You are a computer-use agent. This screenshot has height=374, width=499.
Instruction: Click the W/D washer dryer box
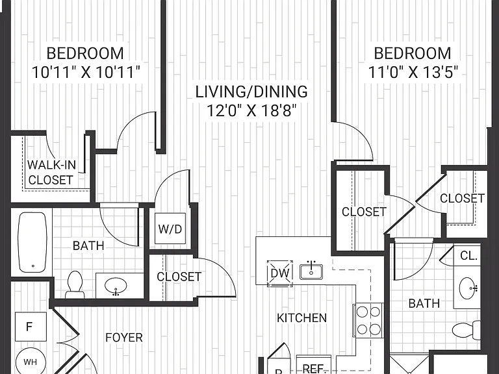(170, 229)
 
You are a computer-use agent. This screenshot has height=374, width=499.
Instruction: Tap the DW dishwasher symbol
(280, 273)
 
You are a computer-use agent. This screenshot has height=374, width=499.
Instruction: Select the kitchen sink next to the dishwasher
(311, 271)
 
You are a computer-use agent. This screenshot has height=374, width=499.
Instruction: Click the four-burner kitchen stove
(368, 320)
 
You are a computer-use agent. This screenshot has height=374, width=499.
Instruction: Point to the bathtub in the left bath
(32, 242)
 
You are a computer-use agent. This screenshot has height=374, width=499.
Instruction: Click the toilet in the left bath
(75, 284)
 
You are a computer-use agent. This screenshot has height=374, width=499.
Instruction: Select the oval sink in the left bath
(116, 286)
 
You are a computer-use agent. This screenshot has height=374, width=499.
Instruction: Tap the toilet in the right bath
(467, 330)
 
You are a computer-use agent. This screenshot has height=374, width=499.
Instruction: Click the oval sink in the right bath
(468, 288)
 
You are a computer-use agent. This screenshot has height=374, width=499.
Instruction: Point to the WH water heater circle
(31, 362)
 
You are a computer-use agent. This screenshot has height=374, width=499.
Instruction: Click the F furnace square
(31, 327)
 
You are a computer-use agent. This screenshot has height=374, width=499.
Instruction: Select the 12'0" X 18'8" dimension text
(251, 111)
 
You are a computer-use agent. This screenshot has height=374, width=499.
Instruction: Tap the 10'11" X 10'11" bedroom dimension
(86, 72)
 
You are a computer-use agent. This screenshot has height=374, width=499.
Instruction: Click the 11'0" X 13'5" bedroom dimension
(413, 72)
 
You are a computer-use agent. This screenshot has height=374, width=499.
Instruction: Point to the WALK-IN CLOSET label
(51, 172)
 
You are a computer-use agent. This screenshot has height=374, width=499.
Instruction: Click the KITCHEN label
(301, 318)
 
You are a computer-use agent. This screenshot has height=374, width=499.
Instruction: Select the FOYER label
(124, 338)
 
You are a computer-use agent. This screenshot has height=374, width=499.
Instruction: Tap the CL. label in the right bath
(468, 255)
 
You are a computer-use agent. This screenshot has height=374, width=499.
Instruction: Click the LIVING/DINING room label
(251, 92)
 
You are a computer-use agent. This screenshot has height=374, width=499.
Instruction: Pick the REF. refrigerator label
(313, 368)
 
